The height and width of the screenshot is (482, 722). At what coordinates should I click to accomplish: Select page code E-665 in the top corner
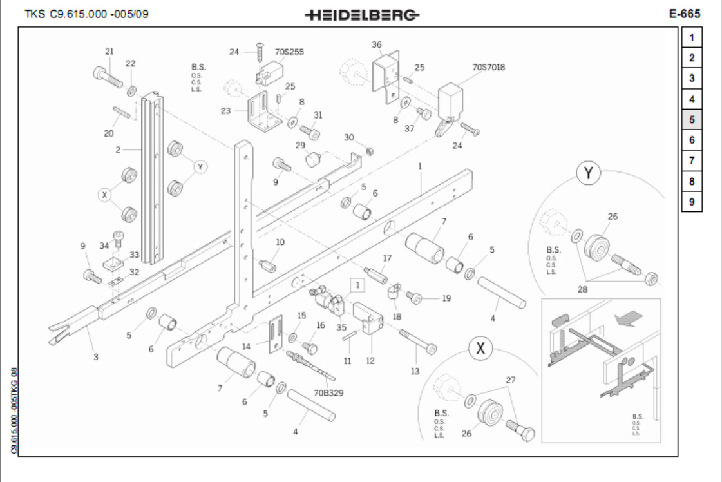[685, 14]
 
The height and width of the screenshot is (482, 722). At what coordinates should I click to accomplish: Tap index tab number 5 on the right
[692, 120]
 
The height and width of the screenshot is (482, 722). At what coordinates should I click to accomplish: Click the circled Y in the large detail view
[588, 173]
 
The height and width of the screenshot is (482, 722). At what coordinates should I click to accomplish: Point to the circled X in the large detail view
[480, 349]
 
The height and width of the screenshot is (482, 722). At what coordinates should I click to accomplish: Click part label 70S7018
[489, 66]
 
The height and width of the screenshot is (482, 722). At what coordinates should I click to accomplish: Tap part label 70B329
[328, 392]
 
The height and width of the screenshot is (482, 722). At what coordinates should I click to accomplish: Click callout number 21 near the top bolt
[109, 51]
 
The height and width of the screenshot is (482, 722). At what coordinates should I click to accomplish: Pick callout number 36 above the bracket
[377, 44]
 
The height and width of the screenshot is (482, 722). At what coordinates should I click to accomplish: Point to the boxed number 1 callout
[358, 283]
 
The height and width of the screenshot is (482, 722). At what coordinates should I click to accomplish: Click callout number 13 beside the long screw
[415, 371]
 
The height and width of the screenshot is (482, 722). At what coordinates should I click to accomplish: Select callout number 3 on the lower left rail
[95, 356]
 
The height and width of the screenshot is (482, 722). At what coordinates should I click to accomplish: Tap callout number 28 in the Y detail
[583, 289]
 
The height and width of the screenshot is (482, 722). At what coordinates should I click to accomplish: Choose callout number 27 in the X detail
[510, 381]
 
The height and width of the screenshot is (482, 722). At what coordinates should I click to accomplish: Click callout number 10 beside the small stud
[280, 242]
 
